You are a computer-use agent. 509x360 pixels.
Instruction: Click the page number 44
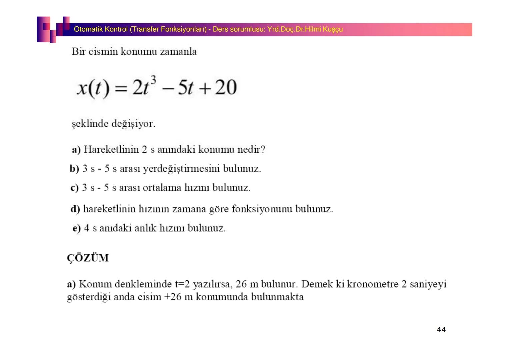(441, 330)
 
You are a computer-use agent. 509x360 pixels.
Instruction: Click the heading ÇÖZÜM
(88, 258)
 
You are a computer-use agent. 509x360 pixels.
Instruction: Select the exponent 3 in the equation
(153, 80)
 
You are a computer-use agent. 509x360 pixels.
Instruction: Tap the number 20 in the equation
(226, 88)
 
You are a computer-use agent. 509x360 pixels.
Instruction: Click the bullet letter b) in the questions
(74, 169)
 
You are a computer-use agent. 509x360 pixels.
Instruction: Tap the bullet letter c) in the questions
(74, 188)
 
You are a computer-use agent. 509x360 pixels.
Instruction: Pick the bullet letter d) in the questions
(75, 209)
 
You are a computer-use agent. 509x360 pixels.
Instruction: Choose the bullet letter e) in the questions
(76, 228)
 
